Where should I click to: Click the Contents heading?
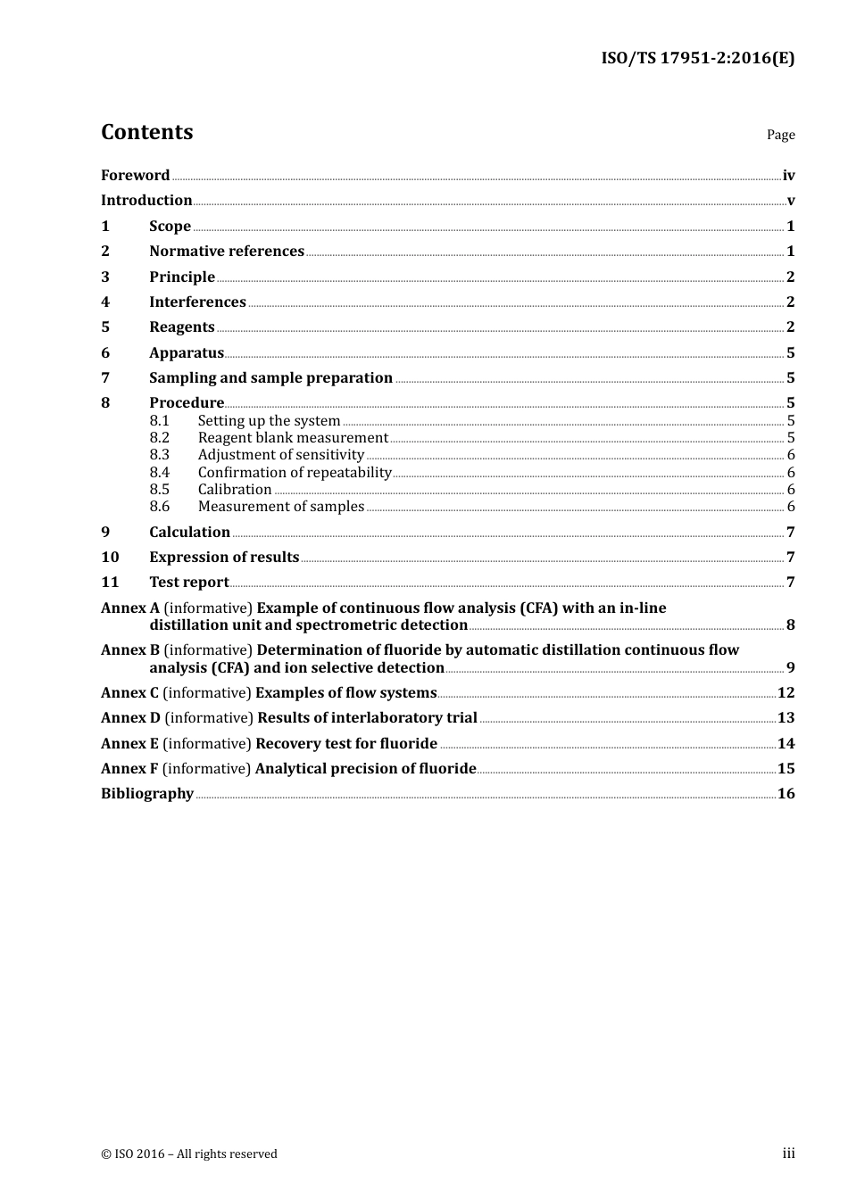[146, 132]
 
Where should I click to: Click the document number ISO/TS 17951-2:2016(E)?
[697, 59]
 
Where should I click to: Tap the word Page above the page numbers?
[780, 135]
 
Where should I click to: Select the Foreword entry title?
[135, 176]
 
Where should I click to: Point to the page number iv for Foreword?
[788, 176]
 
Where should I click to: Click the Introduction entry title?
[146, 201]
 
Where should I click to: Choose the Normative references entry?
[227, 252]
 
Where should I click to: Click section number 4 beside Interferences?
[105, 302]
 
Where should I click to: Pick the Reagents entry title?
[182, 327]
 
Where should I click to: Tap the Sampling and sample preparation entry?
[270, 378]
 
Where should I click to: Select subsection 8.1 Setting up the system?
[269, 421]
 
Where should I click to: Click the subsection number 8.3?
[159, 455]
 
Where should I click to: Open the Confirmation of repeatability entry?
[295, 473]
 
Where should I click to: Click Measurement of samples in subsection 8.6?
[281, 507]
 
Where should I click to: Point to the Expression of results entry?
[224, 558]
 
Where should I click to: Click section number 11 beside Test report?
[110, 583]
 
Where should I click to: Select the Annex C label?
[129, 693]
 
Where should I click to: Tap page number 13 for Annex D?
[786, 718]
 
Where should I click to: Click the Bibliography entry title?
[147, 794]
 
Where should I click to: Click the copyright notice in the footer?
[189, 1154]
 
